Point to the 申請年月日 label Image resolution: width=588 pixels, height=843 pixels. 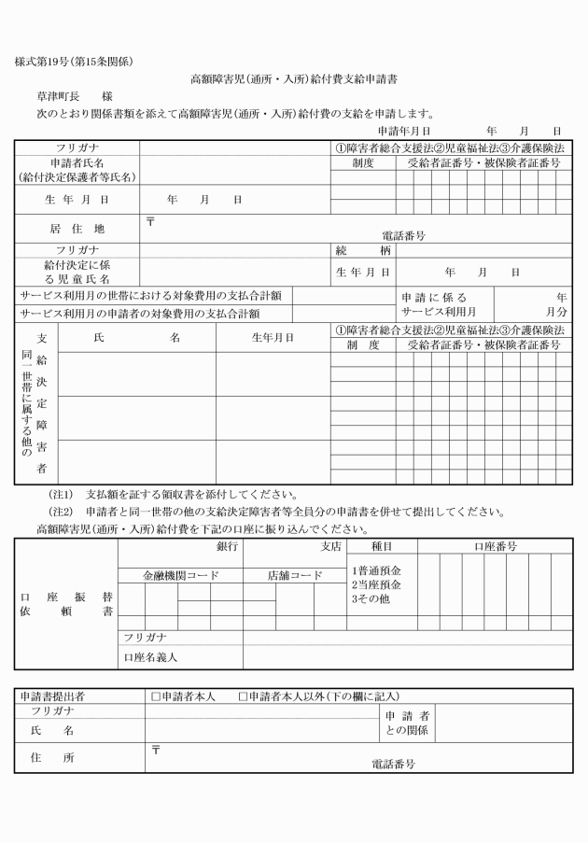pyautogui.click(x=403, y=132)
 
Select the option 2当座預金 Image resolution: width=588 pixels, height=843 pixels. pyautogui.click(x=376, y=584)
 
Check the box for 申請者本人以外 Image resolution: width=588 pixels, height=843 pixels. pyautogui.click(x=244, y=695)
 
